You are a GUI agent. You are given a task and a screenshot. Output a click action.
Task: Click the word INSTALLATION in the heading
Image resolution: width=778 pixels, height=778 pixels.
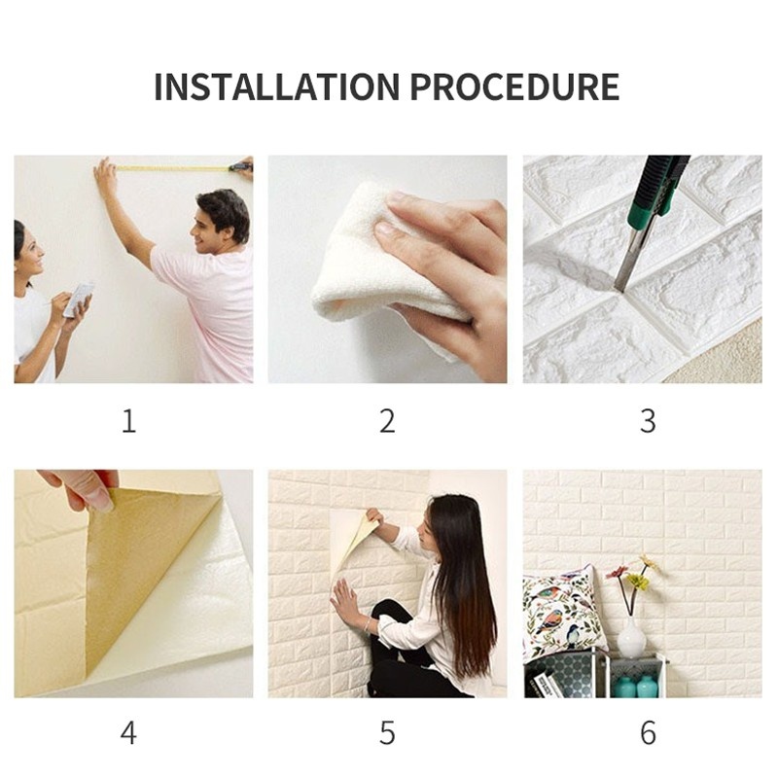276,87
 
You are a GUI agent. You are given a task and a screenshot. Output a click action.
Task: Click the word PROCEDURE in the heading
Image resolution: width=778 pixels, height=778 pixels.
515,87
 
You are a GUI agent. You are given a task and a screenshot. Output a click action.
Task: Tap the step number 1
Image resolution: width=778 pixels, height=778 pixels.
129,421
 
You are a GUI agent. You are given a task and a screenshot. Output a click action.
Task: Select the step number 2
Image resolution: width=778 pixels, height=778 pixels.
387,421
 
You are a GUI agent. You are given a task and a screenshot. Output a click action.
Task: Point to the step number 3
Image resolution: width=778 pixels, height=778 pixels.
648,421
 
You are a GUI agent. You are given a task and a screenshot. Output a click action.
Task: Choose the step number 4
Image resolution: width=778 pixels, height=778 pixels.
128,732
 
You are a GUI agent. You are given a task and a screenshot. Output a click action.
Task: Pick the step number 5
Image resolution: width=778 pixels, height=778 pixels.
387,732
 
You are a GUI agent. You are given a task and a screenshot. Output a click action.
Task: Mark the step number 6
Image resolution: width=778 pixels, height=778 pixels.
648,732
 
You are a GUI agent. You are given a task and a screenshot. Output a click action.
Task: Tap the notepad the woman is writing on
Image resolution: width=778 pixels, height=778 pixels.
79,300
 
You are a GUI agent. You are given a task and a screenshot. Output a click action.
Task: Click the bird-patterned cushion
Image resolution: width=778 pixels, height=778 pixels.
563,611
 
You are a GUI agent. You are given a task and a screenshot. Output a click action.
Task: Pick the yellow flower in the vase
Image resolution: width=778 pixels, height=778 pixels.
637,581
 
